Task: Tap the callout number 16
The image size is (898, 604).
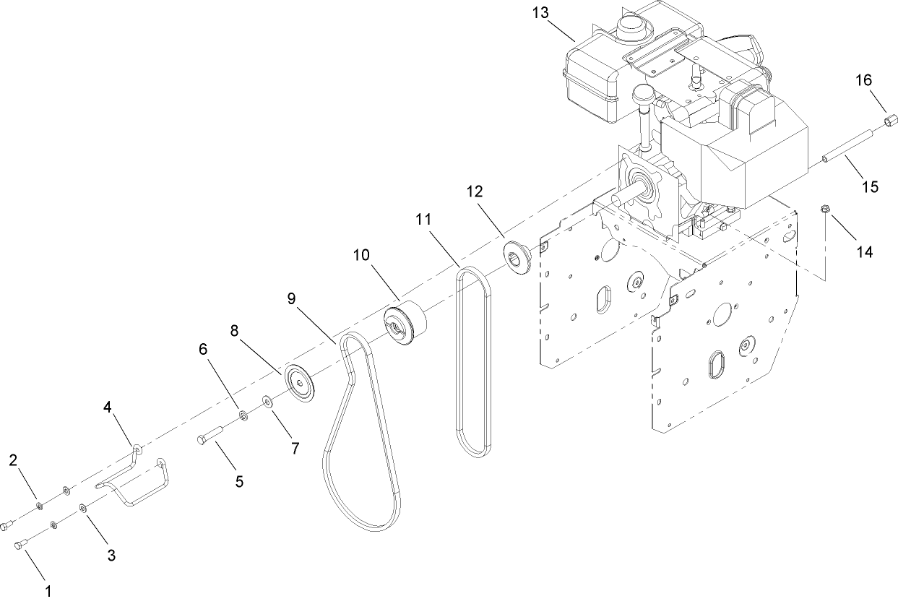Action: pyautogui.click(x=863, y=79)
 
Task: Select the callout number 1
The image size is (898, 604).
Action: pyautogui.click(x=48, y=590)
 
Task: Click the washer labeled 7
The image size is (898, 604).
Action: pyautogui.click(x=268, y=400)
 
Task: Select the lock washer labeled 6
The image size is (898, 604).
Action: pyautogui.click(x=244, y=414)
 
